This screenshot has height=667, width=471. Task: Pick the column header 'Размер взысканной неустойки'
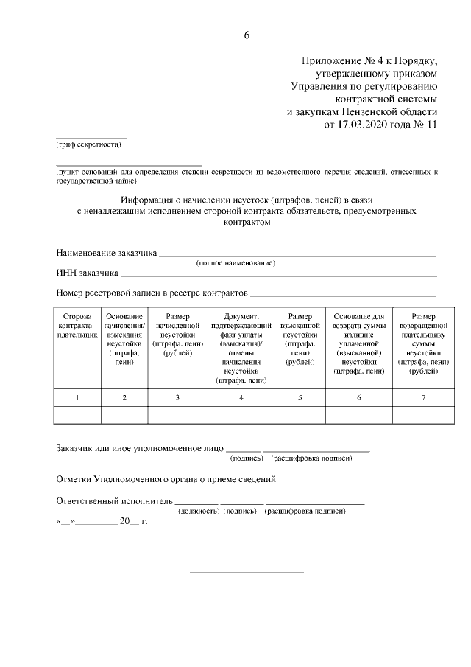[300, 338]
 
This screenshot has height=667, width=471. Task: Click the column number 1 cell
[77, 398]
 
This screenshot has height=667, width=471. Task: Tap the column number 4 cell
[241, 398]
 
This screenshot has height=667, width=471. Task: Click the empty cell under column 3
[177, 416]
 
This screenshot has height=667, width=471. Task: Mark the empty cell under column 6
[358, 416]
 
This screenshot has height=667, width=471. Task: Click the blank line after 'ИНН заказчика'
[279, 274]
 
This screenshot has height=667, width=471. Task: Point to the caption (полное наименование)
[235, 263]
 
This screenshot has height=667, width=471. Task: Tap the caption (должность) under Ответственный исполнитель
[199, 510]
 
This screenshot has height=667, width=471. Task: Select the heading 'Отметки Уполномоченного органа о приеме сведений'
[166, 478]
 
